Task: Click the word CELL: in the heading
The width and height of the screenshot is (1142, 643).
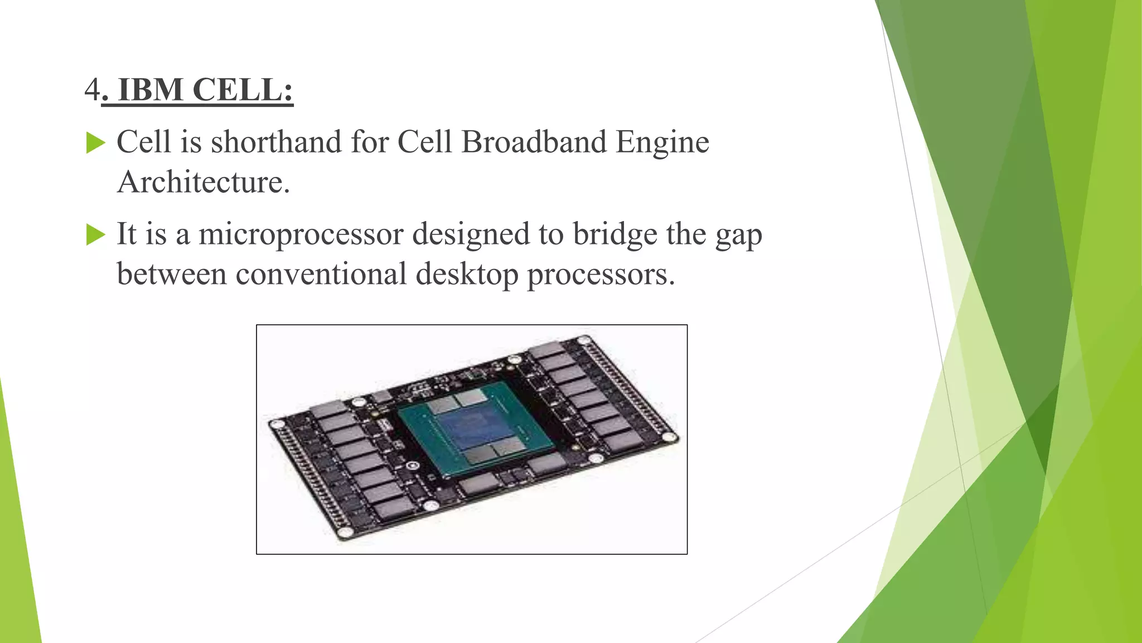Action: point(243,90)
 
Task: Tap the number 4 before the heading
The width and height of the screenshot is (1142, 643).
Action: point(92,90)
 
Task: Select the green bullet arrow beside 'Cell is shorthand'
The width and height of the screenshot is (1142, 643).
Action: point(95,143)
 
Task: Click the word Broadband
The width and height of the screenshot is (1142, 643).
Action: point(534,142)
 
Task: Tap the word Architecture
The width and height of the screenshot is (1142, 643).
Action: point(203,182)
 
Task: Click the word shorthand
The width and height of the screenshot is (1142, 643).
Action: point(276,142)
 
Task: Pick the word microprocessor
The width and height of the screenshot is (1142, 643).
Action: point(301,234)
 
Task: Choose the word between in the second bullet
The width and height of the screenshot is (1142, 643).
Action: point(171,274)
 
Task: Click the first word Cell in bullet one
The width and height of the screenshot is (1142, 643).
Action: point(143,142)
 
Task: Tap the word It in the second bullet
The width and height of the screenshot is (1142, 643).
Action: point(126,234)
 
